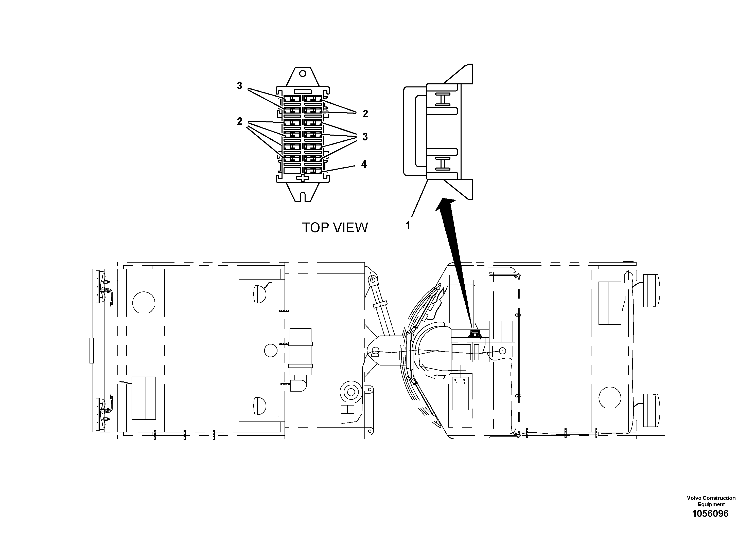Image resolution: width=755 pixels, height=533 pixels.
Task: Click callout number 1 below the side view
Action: click(x=408, y=225)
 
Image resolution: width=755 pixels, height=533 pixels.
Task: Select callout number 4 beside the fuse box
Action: click(x=364, y=164)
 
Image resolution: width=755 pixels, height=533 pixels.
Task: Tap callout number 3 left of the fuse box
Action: click(x=239, y=86)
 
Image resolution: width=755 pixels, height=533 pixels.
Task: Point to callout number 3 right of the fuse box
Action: click(x=365, y=137)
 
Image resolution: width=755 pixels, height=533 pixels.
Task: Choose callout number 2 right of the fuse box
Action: click(x=365, y=114)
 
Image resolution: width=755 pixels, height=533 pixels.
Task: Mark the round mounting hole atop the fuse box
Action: click(x=303, y=73)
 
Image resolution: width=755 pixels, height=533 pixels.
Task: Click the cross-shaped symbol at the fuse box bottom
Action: click(x=303, y=178)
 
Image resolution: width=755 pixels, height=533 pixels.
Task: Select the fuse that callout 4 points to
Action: click(x=313, y=171)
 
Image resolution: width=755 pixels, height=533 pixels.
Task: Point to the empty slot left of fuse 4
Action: click(x=292, y=171)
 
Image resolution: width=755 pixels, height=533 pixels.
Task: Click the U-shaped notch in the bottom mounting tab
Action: click(x=303, y=197)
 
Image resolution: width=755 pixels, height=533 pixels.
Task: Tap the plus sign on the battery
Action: click(x=464, y=383)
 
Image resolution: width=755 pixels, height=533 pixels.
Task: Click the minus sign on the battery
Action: click(x=455, y=383)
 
